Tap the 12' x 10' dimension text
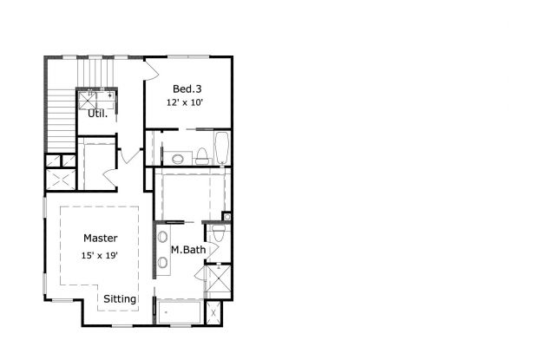coord(187,102)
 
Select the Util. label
coord(98,113)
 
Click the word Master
coord(101,238)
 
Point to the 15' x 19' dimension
coord(100,255)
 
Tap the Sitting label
coord(120,299)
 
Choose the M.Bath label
coord(187,251)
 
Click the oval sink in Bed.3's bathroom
coord(180,159)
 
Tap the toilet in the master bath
coord(218,234)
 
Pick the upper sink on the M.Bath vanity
coord(162,236)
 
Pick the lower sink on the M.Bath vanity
coord(162,262)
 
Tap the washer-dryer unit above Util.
coord(97,96)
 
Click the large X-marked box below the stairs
coord(62,180)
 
